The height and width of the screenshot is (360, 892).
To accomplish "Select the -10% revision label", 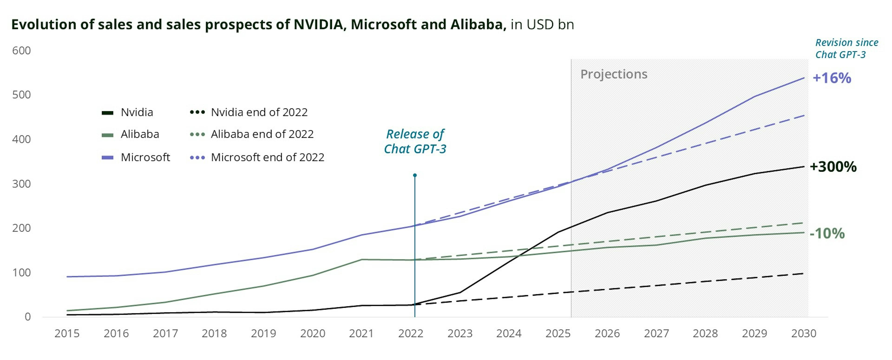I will click(x=827, y=234).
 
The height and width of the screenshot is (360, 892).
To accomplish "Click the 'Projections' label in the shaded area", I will click(x=613, y=74).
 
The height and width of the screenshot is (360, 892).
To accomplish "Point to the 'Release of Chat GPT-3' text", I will click(x=415, y=141).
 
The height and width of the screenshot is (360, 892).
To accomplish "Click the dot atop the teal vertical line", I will click(x=415, y=175).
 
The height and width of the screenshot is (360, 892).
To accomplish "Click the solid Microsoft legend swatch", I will click(x=108, y=158).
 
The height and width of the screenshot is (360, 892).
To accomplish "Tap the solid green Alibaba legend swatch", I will click(x=108, y=135).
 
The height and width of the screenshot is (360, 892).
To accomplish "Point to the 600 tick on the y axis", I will click(x=21, y=51).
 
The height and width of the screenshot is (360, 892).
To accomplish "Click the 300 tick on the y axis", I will click(x=21, y=184).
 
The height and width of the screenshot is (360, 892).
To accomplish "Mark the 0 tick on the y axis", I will click(x=28, y=317).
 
